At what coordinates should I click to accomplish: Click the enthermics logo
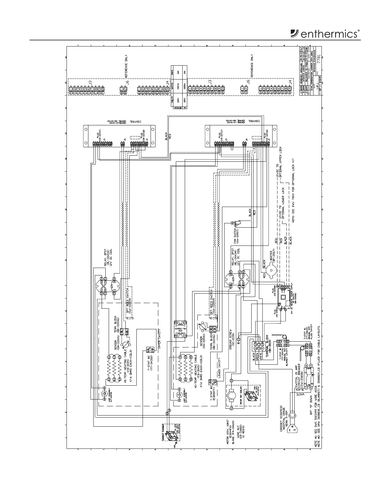(325, 34)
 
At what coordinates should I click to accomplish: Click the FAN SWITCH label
(236, 237)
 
